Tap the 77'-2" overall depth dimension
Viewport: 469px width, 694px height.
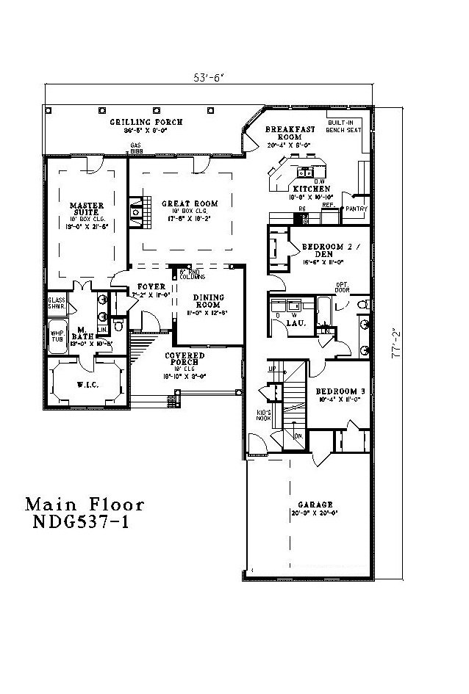(398, 342)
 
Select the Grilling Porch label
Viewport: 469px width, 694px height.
(146, 122)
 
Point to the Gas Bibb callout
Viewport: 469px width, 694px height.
(135, 148)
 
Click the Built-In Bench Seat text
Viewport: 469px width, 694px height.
(344, 126)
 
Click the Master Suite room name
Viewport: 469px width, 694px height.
(86, 209)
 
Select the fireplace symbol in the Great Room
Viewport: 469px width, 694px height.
(136, 211)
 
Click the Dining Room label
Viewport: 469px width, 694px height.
(209, 302)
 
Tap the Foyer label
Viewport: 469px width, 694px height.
(152, 286)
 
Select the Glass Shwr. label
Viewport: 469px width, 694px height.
(57, 303)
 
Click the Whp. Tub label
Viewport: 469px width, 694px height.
(57, 336)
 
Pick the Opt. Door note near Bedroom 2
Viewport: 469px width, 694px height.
(342, 286)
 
